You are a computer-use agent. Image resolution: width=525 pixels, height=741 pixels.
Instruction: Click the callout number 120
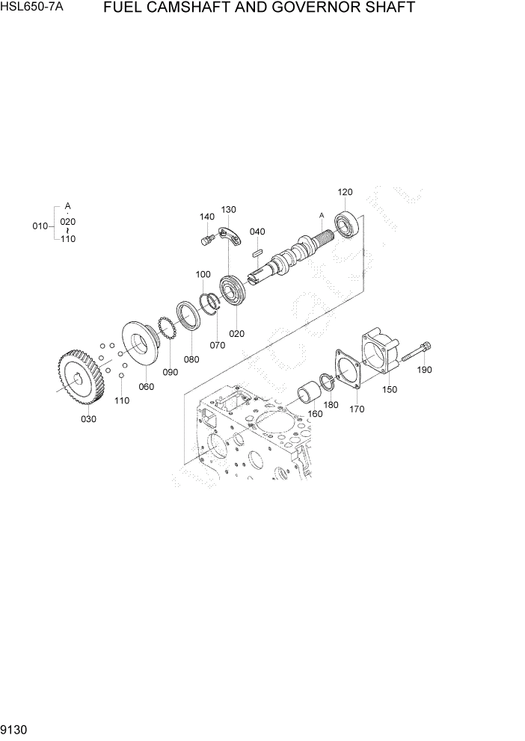[x=345, y=192]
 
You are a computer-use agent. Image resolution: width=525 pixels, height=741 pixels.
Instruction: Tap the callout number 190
[x=424, y=369]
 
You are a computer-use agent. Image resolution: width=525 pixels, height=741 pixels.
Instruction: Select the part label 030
[x=88, y=419]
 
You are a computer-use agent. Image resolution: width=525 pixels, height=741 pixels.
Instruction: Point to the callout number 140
[x=207, y=217]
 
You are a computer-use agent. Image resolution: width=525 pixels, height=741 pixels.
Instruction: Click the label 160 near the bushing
[x=315, y=414]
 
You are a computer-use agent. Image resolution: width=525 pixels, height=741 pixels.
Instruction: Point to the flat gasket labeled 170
[x=349, y=369]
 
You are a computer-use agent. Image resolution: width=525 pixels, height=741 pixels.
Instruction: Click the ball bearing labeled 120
[x=348, y=224]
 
